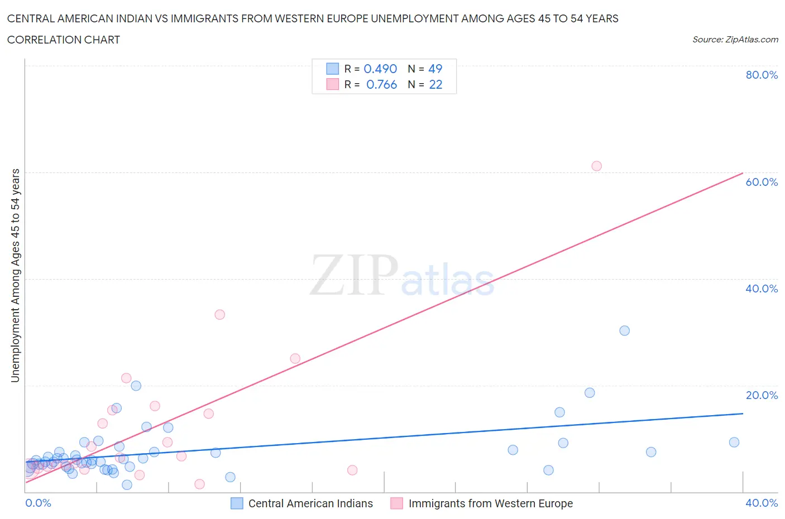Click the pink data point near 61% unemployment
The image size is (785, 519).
point(596,166)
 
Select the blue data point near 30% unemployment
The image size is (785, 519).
point(624,330)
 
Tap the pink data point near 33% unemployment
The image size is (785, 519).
point(219,314)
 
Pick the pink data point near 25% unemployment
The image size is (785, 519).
point(295,358)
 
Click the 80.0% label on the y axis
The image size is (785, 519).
point(761,75)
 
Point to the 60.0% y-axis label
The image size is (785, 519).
point(761,182)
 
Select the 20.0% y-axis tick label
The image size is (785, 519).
point(761,395)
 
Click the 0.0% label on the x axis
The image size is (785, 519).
point(38,503)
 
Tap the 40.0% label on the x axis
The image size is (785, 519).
point(761,503)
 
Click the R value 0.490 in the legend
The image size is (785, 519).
point(380,69)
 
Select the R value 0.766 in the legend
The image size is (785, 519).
point(381,84)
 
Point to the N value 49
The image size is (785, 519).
point(435,69)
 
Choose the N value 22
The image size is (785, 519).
point(435,84)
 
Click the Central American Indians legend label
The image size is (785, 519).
point(310,503)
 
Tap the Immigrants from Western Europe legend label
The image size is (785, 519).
point(490,503)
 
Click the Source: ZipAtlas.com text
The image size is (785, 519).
point(735,39)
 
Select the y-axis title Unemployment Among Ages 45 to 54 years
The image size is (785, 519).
point(15,275)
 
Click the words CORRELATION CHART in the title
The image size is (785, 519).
point(63,40)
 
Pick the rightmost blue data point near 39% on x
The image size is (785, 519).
point(734,442)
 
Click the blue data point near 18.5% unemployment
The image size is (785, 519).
point(589,392)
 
